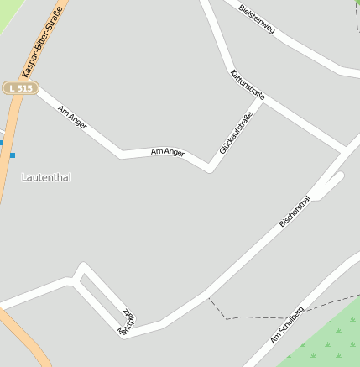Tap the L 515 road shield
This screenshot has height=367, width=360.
(x=20, y=88)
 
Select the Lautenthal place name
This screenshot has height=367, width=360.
(x=46, y=177)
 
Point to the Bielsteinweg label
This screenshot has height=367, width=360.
(x=257, y=18)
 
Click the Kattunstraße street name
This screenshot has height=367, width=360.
(x=248, y=85)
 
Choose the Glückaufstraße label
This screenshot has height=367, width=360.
(x=236, y=132)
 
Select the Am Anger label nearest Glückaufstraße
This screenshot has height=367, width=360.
(x=167, y=152)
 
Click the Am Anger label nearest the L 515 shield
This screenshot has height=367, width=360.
(x=73, y=117)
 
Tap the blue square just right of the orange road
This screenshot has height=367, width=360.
(x=13, y=155)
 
